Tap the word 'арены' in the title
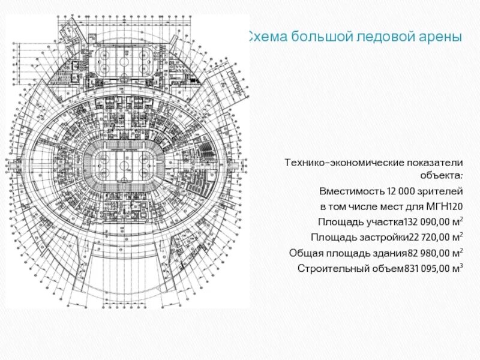(x=437, y=37)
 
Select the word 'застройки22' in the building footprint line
(x=384, y=238)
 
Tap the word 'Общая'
(x=304, y=253)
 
